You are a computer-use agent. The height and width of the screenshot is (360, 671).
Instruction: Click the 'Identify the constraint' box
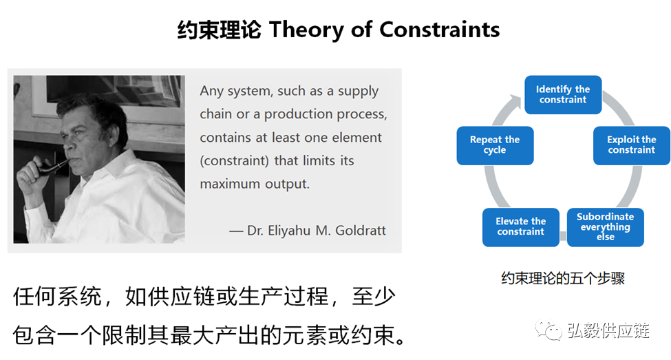click(563, 94)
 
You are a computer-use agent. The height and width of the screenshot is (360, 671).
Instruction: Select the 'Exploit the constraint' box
click(631, 145)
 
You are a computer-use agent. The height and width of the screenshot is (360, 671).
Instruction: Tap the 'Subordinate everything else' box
click(605, 227)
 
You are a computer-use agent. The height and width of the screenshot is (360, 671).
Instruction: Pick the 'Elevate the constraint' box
click(520, 227)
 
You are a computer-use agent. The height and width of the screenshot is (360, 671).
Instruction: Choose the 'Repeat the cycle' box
click(495, 145)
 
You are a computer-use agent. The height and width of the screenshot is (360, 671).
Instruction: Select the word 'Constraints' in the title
click(440, 30)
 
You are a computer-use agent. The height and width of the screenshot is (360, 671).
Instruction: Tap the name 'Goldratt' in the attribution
click(361, 231)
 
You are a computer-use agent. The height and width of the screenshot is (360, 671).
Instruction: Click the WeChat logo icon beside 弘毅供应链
click(548, 330)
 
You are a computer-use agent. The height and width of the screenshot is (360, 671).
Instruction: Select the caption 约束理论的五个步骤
click(563, 278)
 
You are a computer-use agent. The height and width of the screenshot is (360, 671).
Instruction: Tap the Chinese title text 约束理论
click(219, 30)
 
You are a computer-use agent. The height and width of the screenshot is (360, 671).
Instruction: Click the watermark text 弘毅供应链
click(608, 330)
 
